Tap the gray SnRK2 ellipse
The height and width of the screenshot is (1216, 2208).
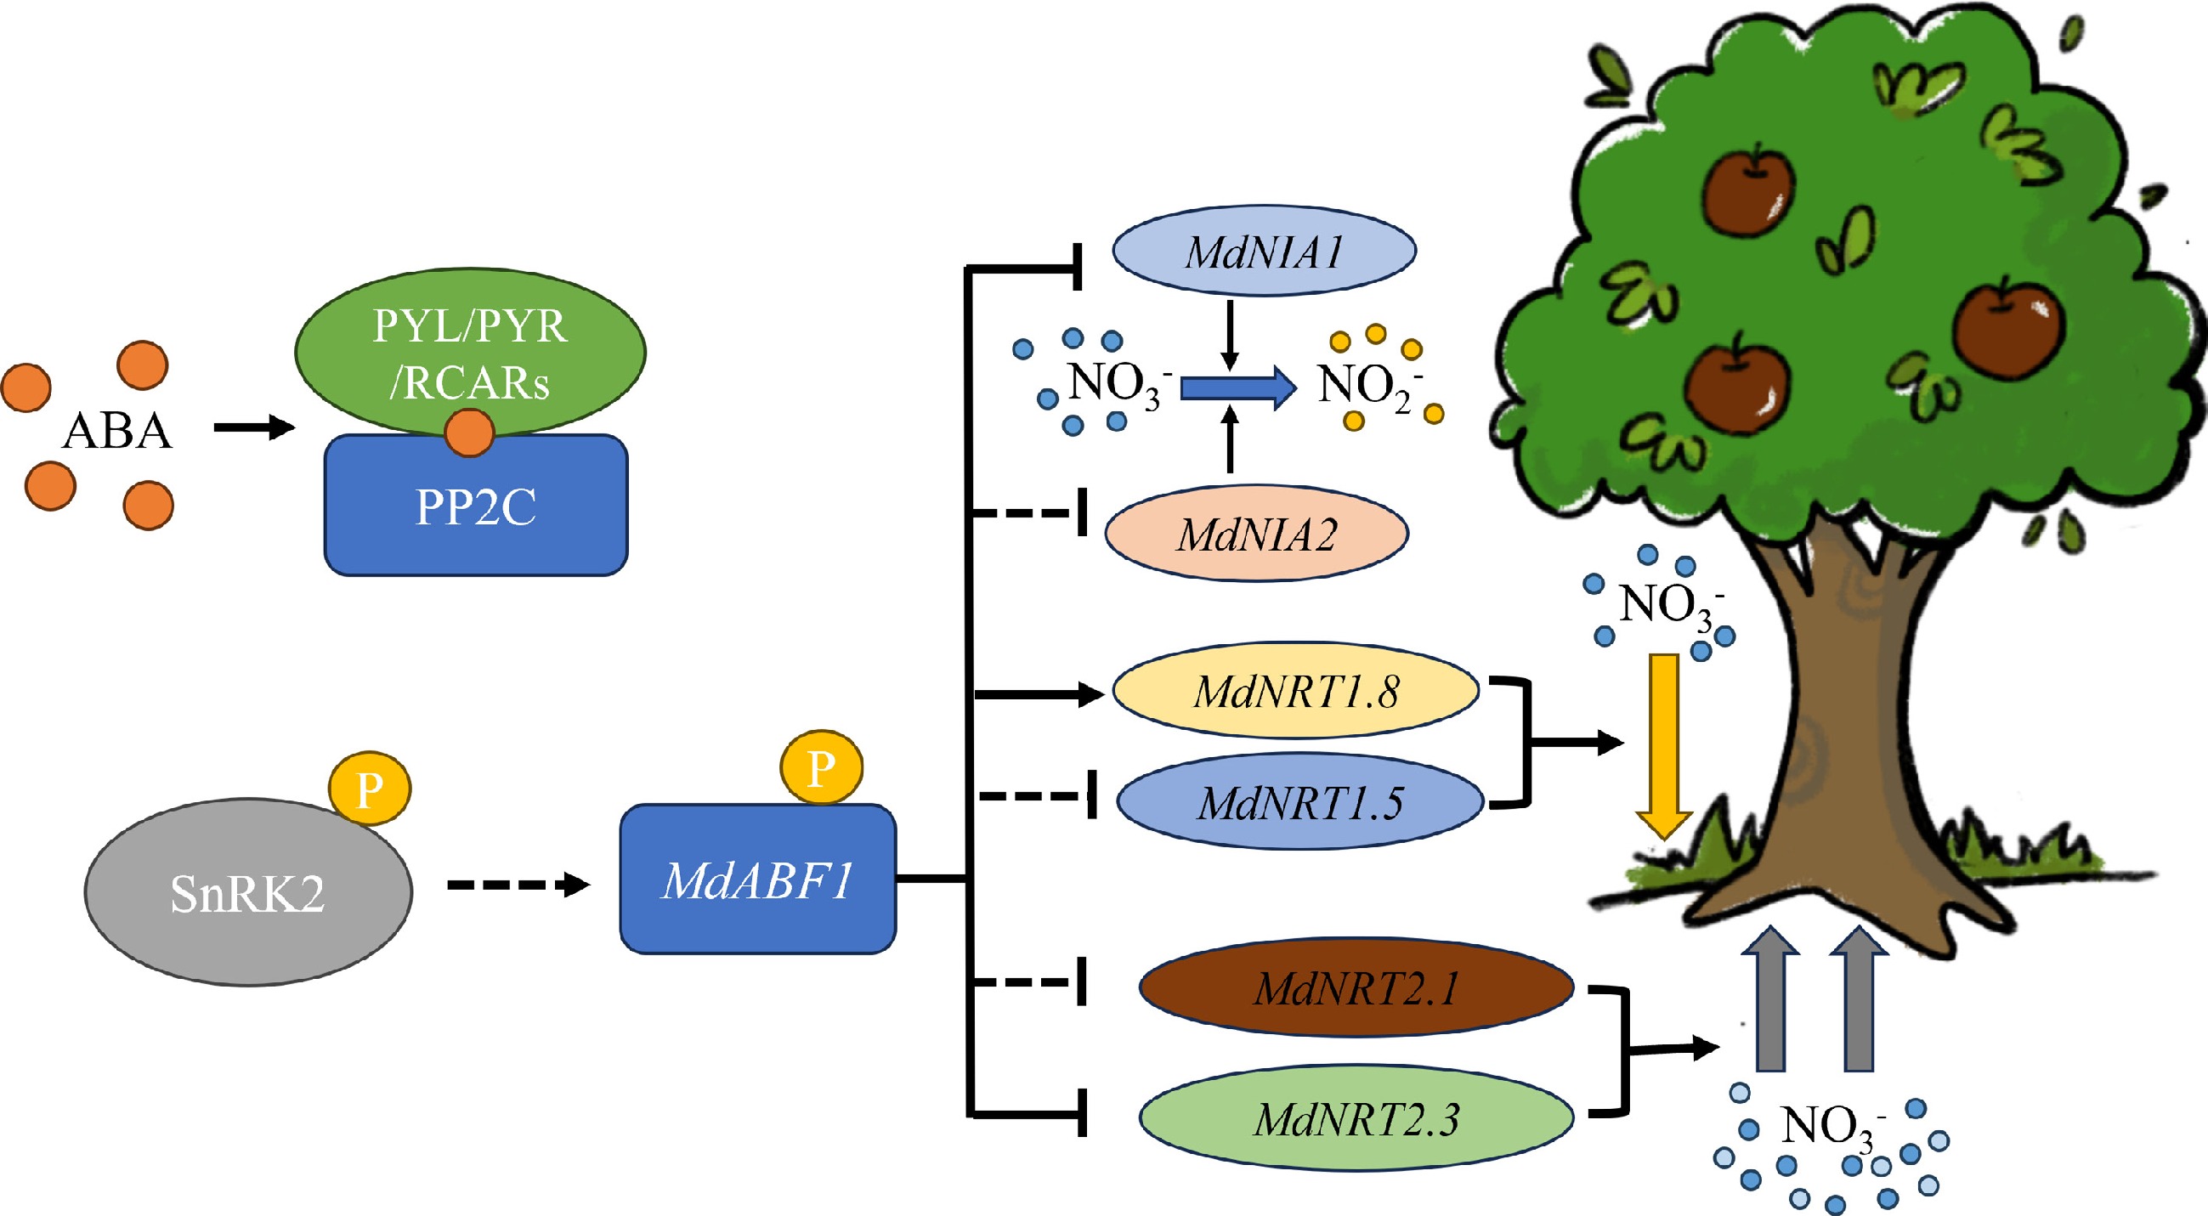247,893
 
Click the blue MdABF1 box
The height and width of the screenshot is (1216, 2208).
758,879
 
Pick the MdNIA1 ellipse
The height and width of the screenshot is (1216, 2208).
1264,251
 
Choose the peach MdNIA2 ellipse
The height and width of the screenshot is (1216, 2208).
1257,534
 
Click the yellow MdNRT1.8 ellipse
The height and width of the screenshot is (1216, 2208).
1296,691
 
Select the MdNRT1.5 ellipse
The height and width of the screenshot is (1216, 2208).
1299,802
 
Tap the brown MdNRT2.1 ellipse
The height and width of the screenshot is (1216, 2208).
1356,987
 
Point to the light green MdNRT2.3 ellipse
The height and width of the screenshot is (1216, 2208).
1356,1118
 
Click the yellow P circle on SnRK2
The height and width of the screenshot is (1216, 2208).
371,789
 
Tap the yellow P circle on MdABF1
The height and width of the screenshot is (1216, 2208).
821,767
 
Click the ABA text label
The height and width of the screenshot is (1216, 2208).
117,430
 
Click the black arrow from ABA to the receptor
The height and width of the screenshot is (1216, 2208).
254,427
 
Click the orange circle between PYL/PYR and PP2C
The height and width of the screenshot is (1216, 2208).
470,433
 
